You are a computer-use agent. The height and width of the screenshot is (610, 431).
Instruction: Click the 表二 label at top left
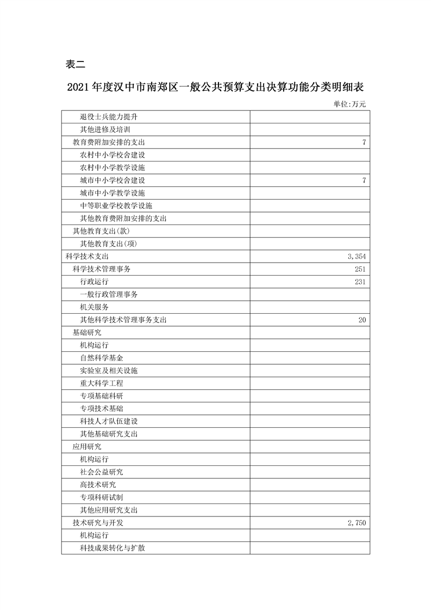76,64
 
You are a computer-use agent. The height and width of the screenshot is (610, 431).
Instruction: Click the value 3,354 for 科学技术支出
356,256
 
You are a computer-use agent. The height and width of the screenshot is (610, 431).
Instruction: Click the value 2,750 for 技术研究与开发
356,523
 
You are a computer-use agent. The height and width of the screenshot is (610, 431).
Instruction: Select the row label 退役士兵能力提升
112,117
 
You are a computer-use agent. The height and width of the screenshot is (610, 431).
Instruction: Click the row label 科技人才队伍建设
109,421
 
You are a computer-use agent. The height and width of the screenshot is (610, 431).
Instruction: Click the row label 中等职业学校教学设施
116,206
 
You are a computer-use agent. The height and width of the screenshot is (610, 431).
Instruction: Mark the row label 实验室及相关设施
109,371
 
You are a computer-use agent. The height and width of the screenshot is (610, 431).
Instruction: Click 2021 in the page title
78,86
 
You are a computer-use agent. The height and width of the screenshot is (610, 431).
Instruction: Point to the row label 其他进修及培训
105,130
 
